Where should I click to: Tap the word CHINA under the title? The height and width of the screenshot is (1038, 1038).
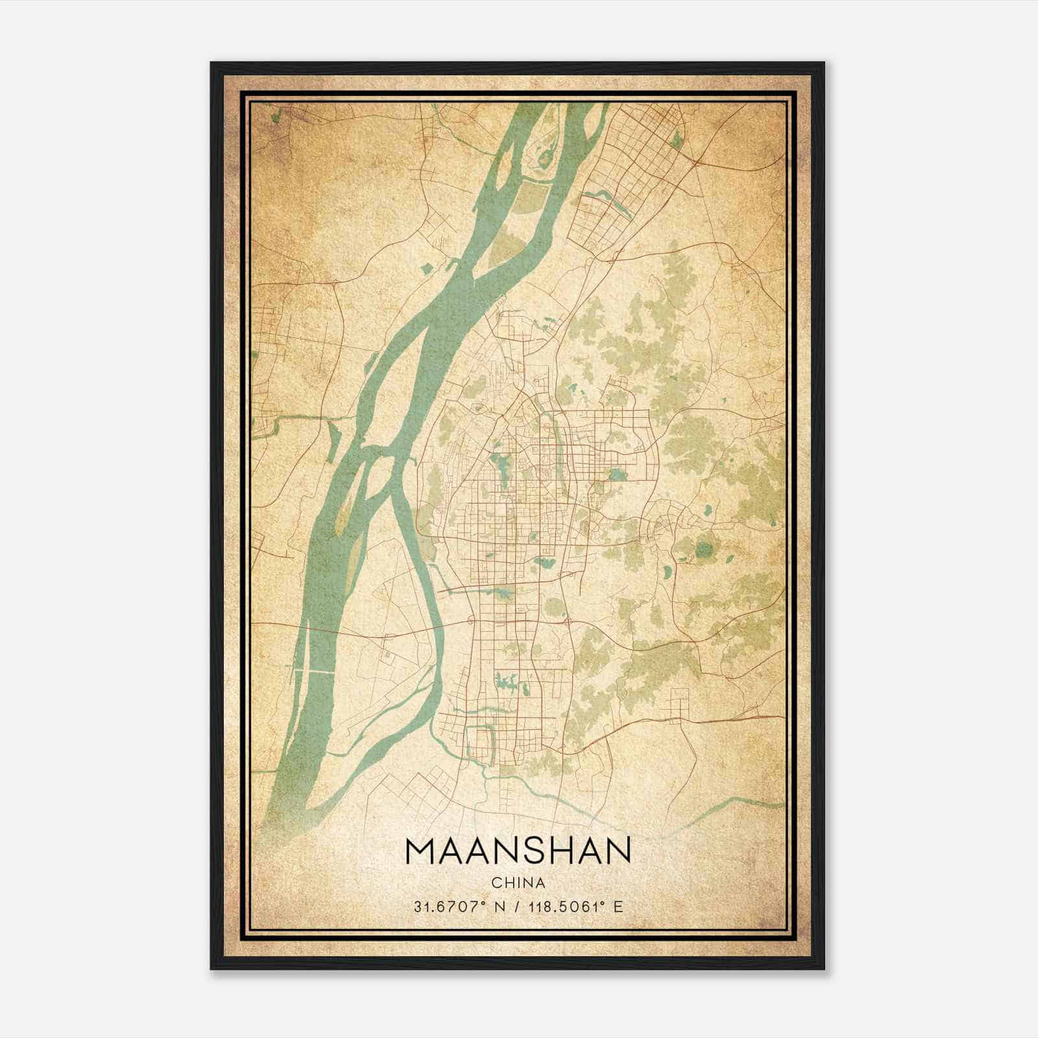click(518, 883)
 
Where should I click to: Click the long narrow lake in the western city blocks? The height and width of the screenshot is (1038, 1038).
click(501, 466)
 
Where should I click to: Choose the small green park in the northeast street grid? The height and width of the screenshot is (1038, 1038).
click(677, 140)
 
